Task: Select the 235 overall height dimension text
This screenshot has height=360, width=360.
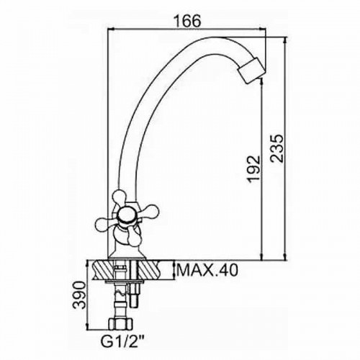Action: (276, 148)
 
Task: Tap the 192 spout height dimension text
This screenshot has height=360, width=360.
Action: (254, 169)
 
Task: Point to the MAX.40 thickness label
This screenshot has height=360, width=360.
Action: (207, 271)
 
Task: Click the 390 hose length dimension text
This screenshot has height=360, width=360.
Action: (79, 295)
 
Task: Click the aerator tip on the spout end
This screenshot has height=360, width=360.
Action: (251, 71)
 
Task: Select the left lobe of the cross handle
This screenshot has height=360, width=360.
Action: (105, 224)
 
